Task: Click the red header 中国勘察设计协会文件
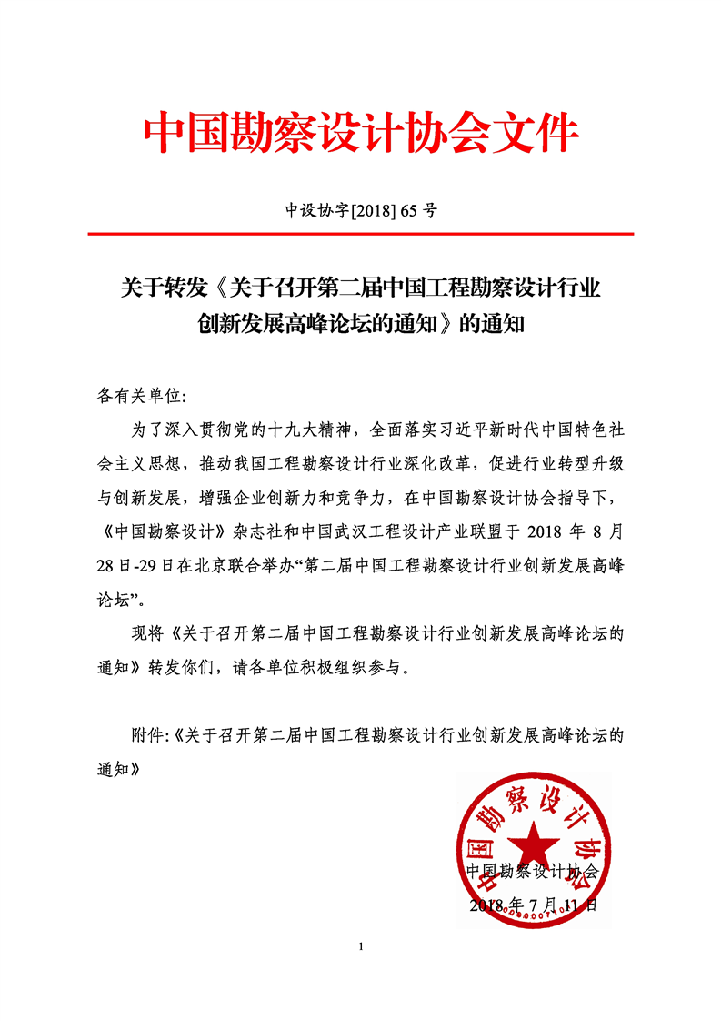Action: (361, 134)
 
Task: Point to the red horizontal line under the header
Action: (361, 234)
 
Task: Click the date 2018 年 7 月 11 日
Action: (533, 905)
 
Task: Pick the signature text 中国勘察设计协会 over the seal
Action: (533, 871)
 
